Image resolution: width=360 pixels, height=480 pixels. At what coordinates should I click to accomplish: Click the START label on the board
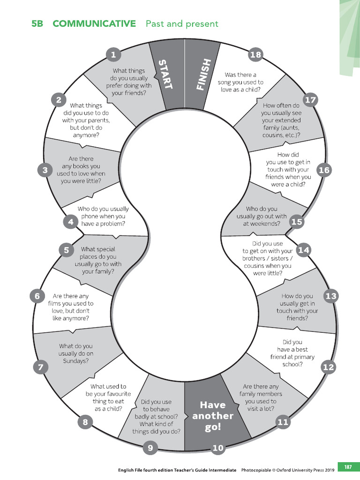pyautogui.click(x=166, y=75)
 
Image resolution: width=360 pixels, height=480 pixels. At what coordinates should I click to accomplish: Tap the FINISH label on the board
pyautogui.click(x=203, y=75)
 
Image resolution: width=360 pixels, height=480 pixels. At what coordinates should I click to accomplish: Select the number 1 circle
pyautogui.click(x=113, y=55)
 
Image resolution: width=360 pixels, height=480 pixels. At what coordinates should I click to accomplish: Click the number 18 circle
pyautogui.click(x=255, y=55)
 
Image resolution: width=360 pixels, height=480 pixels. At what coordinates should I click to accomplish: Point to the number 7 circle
pyautogui.click(x=41, y=367)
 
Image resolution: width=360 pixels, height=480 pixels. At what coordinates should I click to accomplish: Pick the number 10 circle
pyautogui.click(x=218, y=448)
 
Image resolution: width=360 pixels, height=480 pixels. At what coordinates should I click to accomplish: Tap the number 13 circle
pyautogui.click(x=331, y=296)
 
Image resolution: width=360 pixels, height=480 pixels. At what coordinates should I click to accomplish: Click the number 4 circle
pyautogui.click(x=71, y=221)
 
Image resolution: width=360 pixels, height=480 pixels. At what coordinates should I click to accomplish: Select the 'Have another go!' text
pyautogui.click(x=213, y=416)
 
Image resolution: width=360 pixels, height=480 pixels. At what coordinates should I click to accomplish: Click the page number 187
pyautogui.click(x=348, y=467)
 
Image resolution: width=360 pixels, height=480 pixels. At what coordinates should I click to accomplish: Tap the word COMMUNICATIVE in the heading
pyautogui.click(x=94, y=23)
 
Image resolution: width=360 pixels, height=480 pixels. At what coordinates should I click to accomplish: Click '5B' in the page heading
pyautogui.click(x=37, y=23)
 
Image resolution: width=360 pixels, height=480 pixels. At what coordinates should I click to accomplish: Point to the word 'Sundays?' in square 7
pyautogui.click(x=76, y=361)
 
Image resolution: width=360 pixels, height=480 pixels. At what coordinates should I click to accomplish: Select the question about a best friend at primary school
pyautogui.click(x=292, y=353)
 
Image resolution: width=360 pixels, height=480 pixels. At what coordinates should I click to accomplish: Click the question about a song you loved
pyautogui.click(x=240, y=82)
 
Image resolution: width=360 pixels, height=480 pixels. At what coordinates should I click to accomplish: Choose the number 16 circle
pyautogui.click(x=324, y=170)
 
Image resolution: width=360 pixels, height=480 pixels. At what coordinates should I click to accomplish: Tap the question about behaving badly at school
pyautogui.click(x=156, y=416)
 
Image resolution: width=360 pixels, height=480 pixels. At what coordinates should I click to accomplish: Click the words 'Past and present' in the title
pyautogui.click(x=182, y=23)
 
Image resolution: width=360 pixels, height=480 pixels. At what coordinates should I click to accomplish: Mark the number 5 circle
pyautogui.click(x=67, y=250)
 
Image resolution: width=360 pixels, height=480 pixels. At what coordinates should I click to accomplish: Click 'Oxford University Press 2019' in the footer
pyautogui.click(x=305, y=470)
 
